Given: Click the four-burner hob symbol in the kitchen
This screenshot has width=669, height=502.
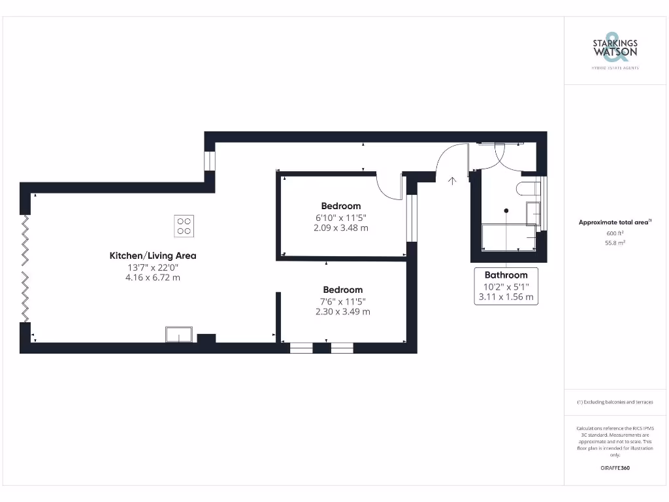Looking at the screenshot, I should (x=184, y=226).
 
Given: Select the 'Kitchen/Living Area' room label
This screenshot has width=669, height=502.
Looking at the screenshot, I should (x=152, y=256).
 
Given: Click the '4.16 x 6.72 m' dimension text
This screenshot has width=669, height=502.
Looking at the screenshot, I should (x=152, y=277).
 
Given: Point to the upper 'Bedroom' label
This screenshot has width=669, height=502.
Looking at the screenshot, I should (x=340, y=206).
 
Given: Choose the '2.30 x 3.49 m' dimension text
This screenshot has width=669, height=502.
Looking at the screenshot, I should (x=342, y=312).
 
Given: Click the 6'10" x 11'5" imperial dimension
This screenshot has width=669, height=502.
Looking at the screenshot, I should (x=340, y=217).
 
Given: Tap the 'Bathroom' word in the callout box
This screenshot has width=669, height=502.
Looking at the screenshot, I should (x=506, y=275).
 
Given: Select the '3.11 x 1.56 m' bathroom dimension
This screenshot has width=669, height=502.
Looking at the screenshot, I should (x=506, y=297).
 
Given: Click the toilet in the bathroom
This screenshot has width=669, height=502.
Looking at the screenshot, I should (x=527, y=189).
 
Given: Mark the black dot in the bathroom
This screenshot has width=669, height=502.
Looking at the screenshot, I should (x=506, y=210).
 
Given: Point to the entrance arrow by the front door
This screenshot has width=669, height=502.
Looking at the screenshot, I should (x=451, y=180).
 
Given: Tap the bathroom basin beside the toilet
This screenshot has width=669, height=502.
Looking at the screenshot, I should (x=533, y=212).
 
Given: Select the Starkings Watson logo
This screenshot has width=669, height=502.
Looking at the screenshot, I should (x=614, y=50).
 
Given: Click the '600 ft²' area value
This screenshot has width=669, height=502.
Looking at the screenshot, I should (x=614, y=233).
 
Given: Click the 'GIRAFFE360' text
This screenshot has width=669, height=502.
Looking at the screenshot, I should (x=614, y=468).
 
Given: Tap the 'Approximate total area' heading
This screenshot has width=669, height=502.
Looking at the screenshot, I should (x=614, y=222).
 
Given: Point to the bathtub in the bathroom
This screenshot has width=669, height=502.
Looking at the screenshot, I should (x=508, y=237).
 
